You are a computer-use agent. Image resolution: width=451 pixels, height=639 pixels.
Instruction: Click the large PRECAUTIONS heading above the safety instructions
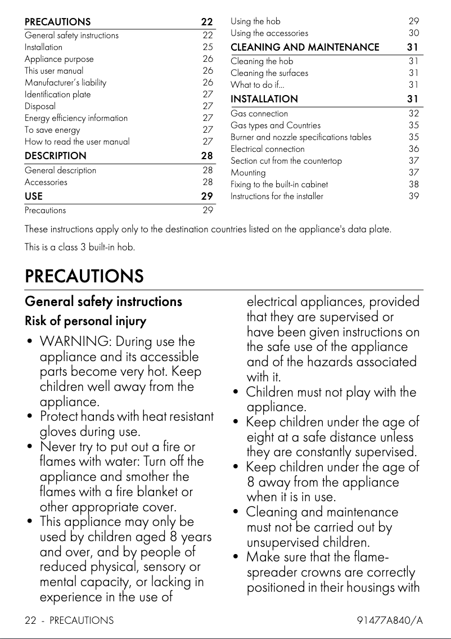(84, 276)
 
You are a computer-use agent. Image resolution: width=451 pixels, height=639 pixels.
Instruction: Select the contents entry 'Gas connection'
(259, 114)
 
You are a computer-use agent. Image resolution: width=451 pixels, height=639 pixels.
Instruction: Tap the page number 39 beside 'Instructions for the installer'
(414, 196)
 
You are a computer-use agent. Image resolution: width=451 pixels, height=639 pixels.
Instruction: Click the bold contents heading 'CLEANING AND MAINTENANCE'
(305, 47)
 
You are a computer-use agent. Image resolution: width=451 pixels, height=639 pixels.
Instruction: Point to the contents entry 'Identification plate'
(57, 94)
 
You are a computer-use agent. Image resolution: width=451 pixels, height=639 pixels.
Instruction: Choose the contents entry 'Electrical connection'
(268, 149)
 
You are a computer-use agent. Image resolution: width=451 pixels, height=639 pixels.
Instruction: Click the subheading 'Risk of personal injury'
(85, 322)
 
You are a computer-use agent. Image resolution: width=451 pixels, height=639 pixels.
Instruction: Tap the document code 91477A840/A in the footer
(390, 620)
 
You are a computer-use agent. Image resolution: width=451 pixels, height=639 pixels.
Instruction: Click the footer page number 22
(31, 620)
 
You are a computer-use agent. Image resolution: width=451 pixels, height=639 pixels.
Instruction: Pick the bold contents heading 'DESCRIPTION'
(56, 156)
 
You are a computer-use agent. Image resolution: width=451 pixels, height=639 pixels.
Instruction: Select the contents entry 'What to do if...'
(258, 85)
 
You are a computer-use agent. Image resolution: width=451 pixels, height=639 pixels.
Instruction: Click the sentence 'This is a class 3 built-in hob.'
(80, 247)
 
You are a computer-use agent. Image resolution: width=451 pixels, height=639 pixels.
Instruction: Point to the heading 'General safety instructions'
(103, 301)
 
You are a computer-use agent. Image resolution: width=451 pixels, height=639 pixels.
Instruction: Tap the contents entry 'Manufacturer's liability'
(65, 83)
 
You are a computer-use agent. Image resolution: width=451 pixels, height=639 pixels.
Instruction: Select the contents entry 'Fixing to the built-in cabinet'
(279, 184)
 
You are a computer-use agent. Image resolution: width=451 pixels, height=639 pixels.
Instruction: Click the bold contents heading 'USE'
(34, 196)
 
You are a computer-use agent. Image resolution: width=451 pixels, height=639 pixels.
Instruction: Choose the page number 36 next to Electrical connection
(414, 149)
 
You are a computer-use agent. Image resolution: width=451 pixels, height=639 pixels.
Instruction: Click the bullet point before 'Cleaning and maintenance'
(236, 512)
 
